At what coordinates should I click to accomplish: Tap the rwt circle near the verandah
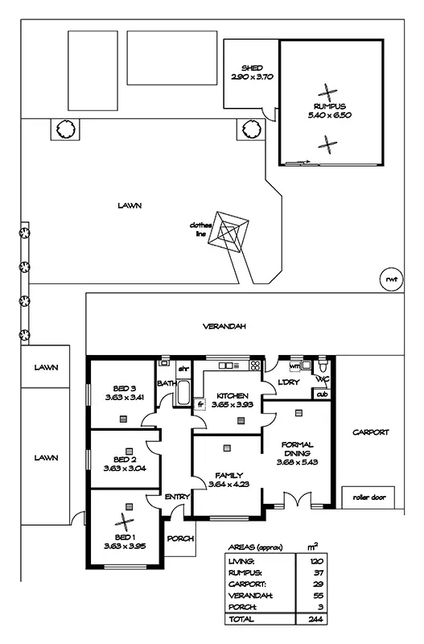pos(390,279)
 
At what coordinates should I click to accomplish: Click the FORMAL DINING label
pos(298,453)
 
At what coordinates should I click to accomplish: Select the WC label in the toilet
pos(322,378)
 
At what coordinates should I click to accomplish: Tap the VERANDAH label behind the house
pos(224,327)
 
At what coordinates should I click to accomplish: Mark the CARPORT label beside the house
pos(370,432)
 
